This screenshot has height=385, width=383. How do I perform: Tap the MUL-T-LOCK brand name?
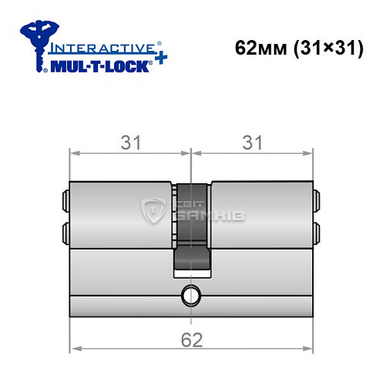click(94, 65)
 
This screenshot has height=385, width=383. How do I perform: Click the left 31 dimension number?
click(128, 143)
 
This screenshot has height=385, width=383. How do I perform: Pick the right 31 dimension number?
click(254, 143)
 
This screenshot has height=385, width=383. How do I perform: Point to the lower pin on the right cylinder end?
click(316, 231)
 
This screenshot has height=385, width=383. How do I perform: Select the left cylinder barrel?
click(119, 216)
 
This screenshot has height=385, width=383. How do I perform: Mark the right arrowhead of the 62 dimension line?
click(311, 349)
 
